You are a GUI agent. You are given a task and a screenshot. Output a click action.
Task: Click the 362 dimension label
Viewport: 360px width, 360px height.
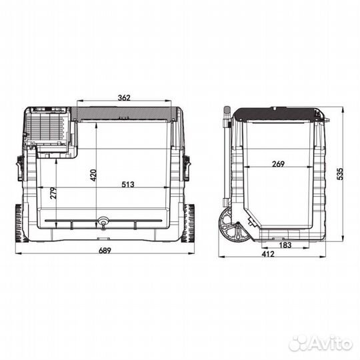point(124,97)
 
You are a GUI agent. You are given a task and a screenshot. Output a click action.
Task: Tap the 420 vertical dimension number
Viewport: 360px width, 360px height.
point(93,175)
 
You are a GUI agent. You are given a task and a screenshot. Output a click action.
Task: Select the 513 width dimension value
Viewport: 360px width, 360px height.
point(128,184)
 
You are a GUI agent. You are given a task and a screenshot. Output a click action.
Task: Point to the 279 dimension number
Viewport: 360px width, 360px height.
point(53,193)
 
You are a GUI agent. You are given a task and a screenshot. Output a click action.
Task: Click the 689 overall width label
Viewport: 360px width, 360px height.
point(105,250)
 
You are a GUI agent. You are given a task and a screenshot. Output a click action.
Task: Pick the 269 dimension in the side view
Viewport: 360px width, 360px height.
point(278,164)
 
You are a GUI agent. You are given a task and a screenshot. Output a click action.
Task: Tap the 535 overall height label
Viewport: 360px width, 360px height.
point(340,174)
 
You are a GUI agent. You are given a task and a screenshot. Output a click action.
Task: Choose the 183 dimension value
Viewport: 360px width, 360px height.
point(285,245)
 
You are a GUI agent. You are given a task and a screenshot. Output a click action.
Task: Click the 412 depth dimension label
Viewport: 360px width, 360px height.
point(268,254)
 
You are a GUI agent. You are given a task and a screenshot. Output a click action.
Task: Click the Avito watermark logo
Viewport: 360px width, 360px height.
point(321,344)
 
